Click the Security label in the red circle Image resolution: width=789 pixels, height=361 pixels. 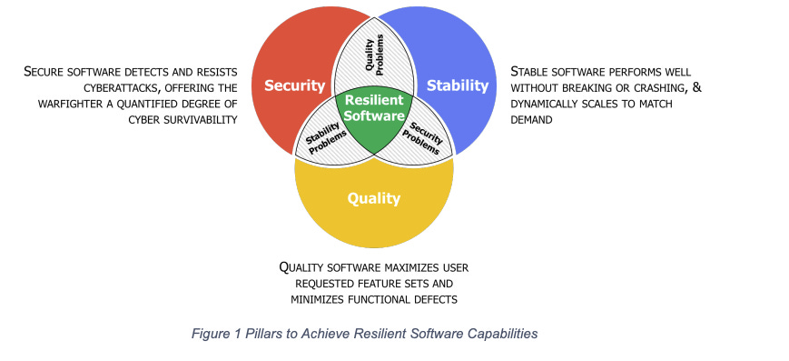(x=294, y=85)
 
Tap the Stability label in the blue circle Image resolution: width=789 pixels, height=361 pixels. (x=458, y=85)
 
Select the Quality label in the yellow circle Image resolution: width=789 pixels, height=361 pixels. (x=375, y=197)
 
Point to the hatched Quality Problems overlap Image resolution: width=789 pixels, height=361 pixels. (x=375, y=55)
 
